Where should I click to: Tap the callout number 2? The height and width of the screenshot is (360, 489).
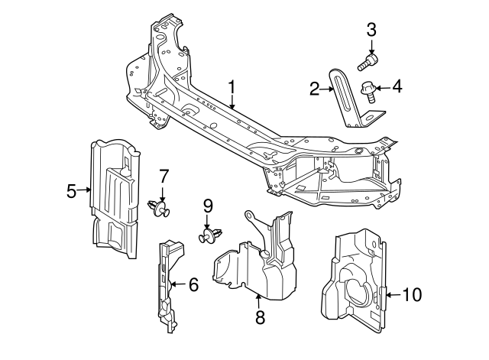pos(314,89)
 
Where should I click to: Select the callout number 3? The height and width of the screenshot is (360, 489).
pos(371,31)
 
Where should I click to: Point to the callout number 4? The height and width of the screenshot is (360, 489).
pos(397,86)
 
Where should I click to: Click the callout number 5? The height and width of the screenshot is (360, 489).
pos(71,190)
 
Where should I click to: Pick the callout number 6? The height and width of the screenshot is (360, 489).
pos(193,285)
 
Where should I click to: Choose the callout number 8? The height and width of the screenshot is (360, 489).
pos(260,317)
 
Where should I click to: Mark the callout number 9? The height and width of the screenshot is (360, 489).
pos(206,205)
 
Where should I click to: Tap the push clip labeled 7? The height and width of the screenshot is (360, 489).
pos(159,207)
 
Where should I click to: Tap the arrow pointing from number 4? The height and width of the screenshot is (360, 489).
pos(382,87)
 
